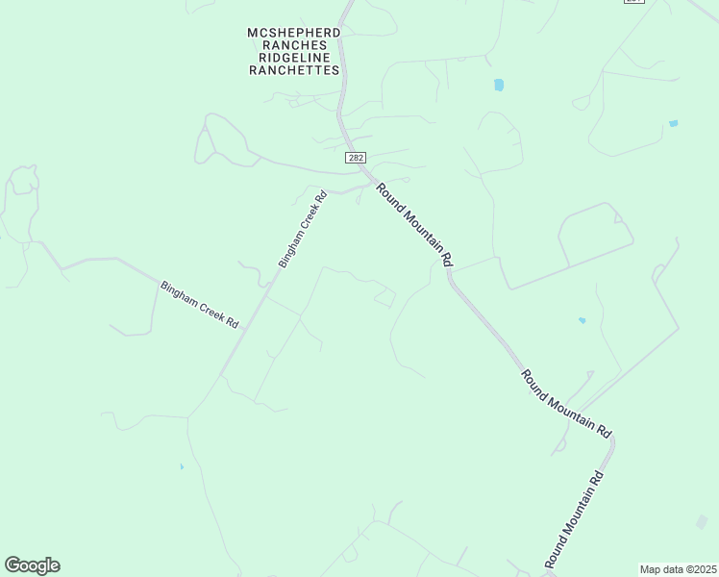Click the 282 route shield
point(357,156)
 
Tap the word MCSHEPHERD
point(294,33)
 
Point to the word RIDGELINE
point(294,58)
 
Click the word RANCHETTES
point(294,70)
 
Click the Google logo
point(32,565)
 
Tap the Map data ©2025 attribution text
point(679,569)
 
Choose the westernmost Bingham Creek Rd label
point(199,305)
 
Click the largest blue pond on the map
point(499,85)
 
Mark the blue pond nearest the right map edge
point(673,123)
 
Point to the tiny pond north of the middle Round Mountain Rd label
point(582,320)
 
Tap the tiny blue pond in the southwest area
point(182,467)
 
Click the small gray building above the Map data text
point(702,521)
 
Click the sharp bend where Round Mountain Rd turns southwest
point(612,442)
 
